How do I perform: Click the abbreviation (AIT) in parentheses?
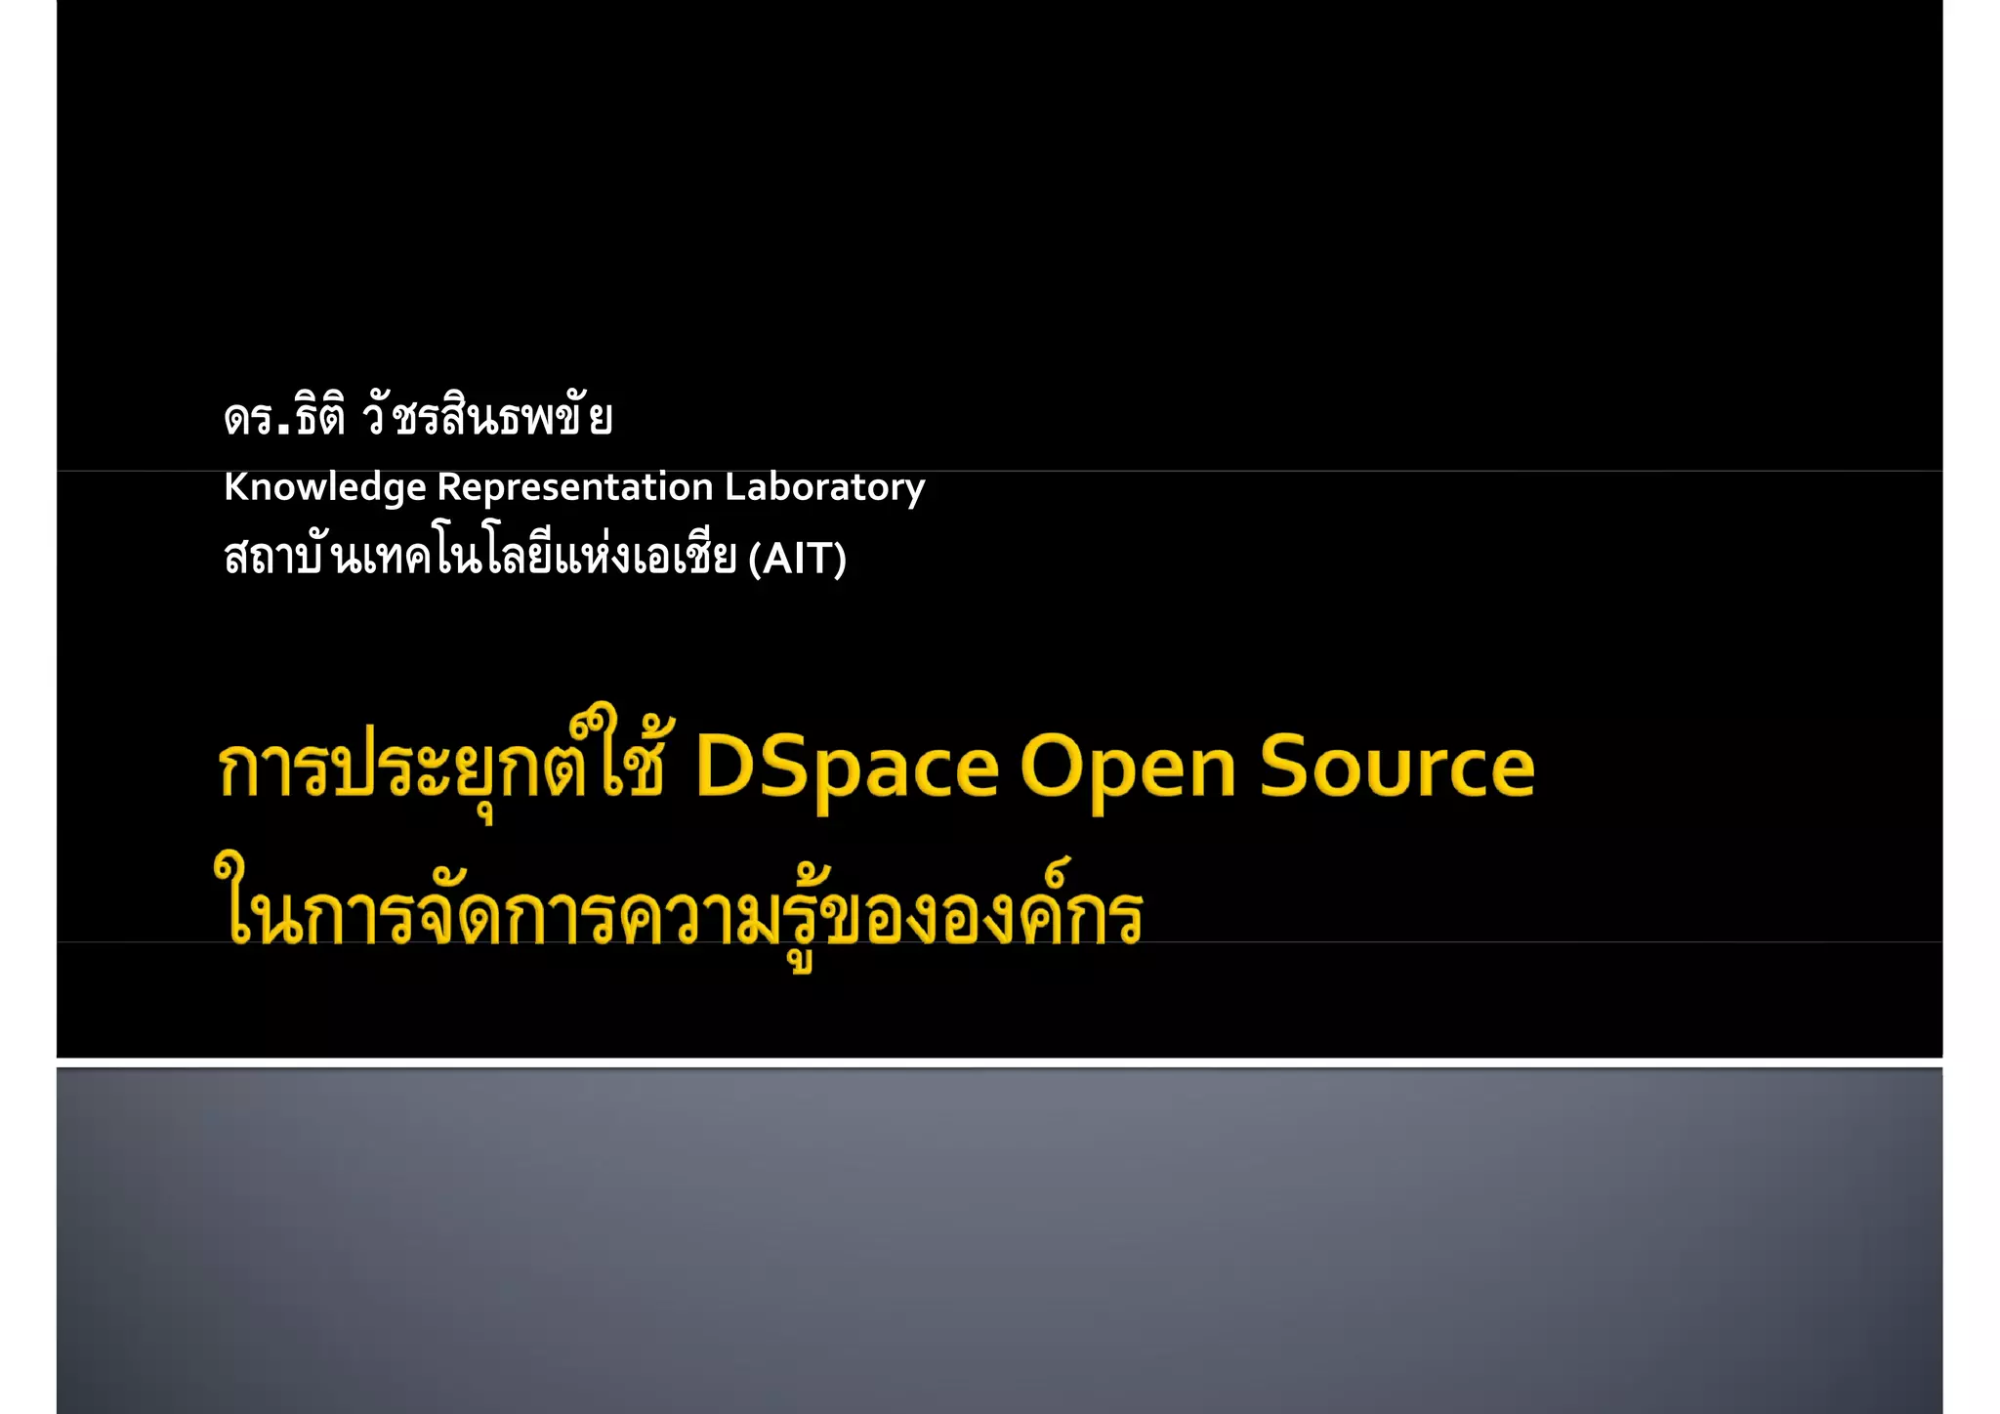[797, 560]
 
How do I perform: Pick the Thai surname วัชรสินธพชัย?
[487, 418]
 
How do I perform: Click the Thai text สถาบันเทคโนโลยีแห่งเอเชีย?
[479, 558]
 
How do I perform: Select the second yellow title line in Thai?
[679, 913]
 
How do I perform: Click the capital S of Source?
[1289, 768]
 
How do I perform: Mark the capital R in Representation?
[449, 487]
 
